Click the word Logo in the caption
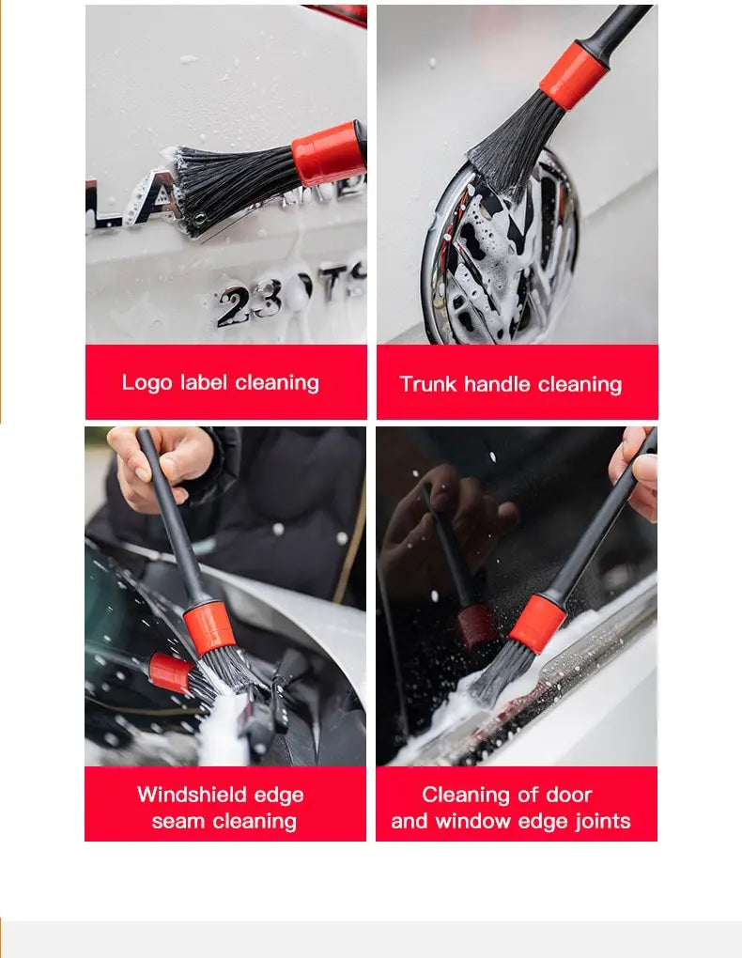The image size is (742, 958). click(147, 383)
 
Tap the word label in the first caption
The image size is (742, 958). click(203, 383)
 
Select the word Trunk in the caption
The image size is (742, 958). click(428, 384)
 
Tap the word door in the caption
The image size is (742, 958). click(569, 795)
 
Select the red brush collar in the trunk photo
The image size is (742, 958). click(573, 75)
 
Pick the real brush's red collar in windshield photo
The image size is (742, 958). click(209, 627)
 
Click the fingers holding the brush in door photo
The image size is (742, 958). click(636, 474)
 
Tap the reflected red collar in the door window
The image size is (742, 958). click(476, 625)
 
